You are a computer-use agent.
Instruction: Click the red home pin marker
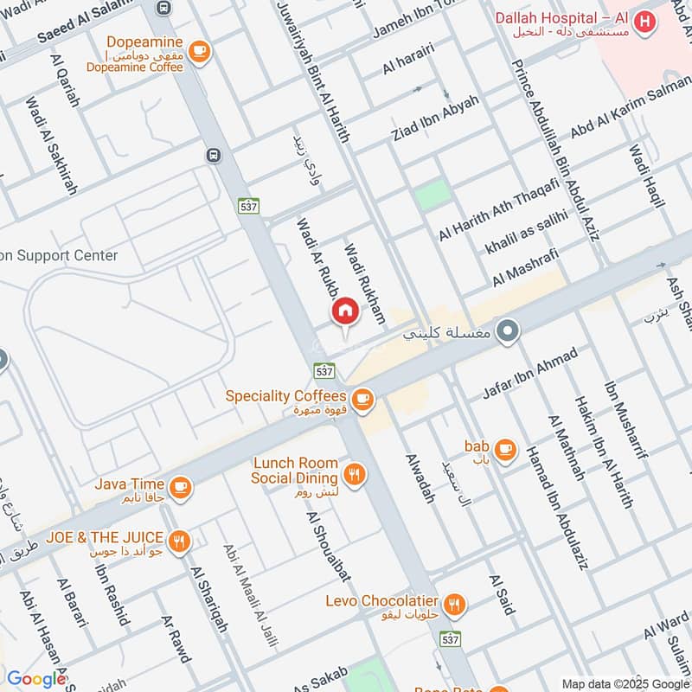tap(344, 311)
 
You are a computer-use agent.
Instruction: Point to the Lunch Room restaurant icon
tap(353, 473)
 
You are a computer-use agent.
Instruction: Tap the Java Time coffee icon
tap(180, 487)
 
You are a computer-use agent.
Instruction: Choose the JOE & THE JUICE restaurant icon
tap(180, 541)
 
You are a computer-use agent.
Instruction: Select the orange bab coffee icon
tap(506, 449)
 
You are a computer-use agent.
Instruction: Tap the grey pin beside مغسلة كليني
tap(509, 331)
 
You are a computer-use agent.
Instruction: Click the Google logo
tap(36, 680)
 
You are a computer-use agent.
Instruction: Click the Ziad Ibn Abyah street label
tap(435, 119)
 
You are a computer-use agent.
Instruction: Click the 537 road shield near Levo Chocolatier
tap(449, 638)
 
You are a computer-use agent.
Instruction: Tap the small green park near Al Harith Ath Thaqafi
tap(432, 195)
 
